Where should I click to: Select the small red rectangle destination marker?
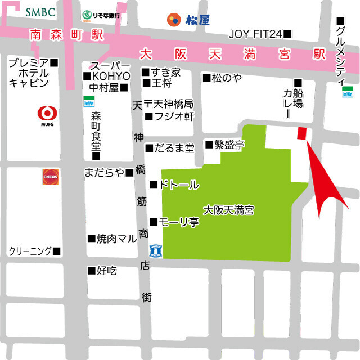click(x=302, y=133)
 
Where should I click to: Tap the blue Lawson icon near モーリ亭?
click(x=155, y=251)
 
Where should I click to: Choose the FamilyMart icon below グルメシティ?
click(x=346, y=91)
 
